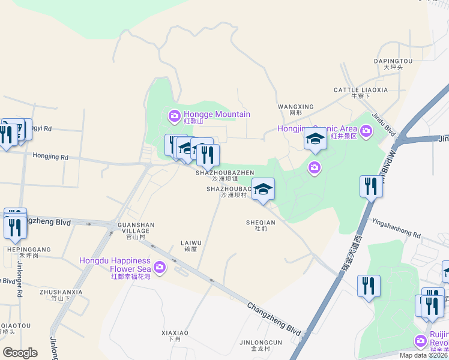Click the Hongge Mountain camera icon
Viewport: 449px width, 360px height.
click(x=174, y=115)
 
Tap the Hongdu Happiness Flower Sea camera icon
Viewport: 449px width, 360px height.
click(x=159, y=267)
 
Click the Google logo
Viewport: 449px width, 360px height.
click(x=20, y=353)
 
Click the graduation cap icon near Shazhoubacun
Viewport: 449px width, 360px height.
click(x=263, y=189)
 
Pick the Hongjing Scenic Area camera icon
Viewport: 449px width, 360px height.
click(x=366, y=130)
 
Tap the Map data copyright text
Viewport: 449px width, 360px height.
click(x=424, y=355)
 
